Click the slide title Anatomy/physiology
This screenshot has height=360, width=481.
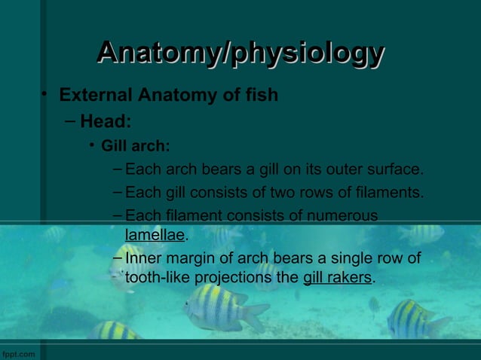tap(240, 53)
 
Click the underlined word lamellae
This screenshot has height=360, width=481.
tap(155, 235)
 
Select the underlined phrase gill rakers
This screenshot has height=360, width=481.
tap(337, 277)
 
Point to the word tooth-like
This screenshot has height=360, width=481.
tap(158, 277)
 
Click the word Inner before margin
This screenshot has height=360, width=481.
tap(143, 259)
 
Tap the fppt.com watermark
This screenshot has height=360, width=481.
tap(17, 354)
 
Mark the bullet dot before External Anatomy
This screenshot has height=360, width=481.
tap(45, 94)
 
